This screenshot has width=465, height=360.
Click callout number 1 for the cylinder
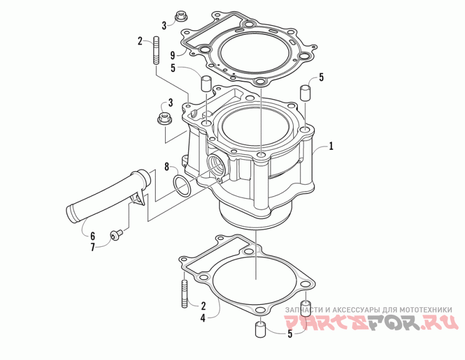tap(330, 146)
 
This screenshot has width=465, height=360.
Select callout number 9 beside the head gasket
tap(172, 55)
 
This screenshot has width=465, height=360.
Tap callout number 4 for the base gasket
tap(202, 318)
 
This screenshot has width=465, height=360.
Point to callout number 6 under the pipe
tap(92, 236)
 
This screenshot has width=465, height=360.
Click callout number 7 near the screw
tap(92, 247)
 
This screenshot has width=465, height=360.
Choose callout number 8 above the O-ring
tap(167, 167)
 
